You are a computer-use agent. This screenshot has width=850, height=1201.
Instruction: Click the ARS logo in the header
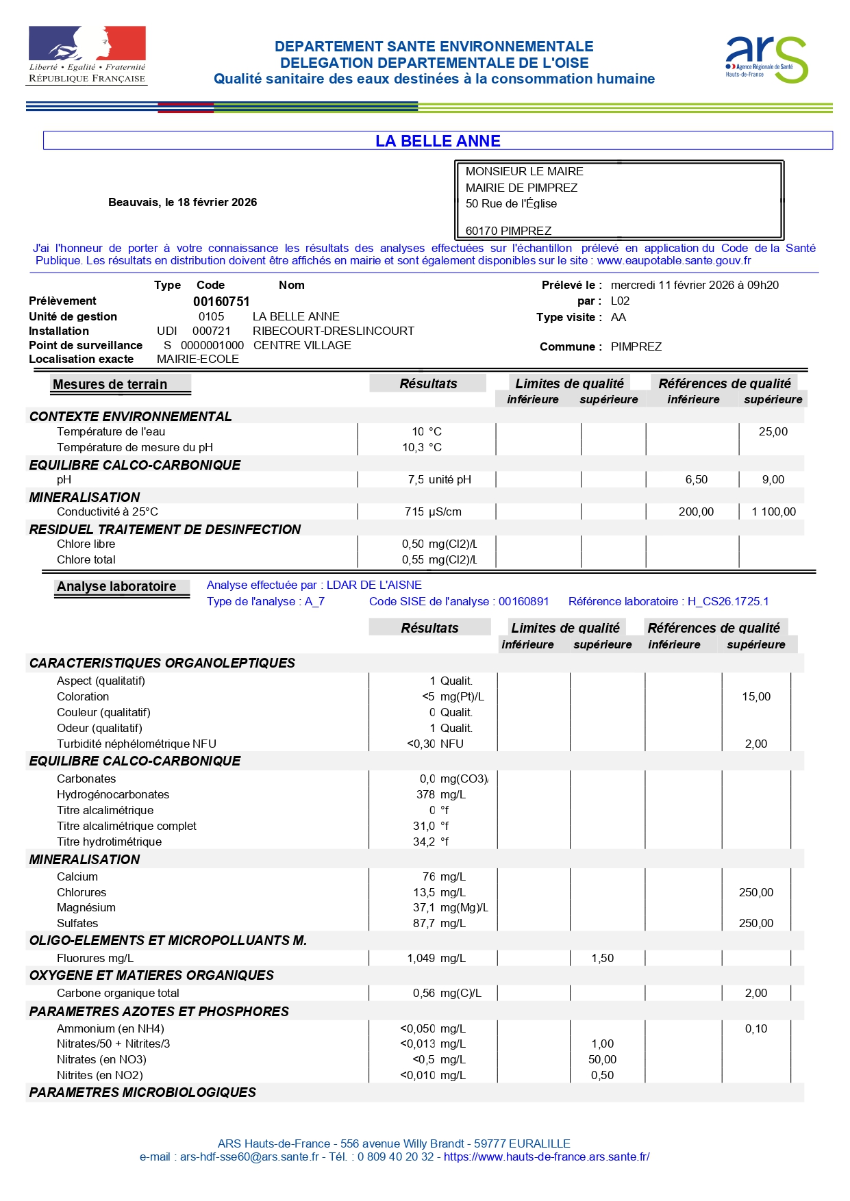(766, 60)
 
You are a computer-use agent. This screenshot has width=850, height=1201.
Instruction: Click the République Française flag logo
(87, 55)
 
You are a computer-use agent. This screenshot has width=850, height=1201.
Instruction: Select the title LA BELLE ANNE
(438, 141)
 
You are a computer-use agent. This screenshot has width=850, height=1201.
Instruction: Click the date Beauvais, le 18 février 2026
(182, 202)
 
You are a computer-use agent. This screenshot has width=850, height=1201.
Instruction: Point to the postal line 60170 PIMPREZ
(508, 231)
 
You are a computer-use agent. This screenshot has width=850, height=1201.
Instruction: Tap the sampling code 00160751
(221, 301)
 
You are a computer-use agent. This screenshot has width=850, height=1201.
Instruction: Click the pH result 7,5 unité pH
(439, 479)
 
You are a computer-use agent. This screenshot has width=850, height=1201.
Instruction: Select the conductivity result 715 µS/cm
(433, 511)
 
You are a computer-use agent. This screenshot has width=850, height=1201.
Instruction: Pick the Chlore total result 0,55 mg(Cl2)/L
(439, 559)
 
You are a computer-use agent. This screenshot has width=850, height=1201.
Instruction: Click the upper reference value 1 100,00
(773, 511)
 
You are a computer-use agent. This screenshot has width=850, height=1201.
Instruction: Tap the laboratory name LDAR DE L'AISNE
(374, 585)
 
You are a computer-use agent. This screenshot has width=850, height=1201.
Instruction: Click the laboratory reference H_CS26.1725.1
(728, 601)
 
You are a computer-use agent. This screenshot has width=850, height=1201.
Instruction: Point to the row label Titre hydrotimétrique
(110, 842)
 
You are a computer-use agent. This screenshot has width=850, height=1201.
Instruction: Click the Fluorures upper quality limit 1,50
(602, 958)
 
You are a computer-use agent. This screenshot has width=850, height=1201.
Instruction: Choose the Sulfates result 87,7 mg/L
(439, 923)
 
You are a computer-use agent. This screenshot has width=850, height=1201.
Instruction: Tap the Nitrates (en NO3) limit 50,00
(602, 1059)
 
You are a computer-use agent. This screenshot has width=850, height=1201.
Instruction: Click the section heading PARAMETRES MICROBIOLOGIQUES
(142, 1092)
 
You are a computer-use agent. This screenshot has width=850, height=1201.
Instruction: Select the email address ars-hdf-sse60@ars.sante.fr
(249, 1156)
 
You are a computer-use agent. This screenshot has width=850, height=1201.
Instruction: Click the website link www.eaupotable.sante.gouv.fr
(674, 260)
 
